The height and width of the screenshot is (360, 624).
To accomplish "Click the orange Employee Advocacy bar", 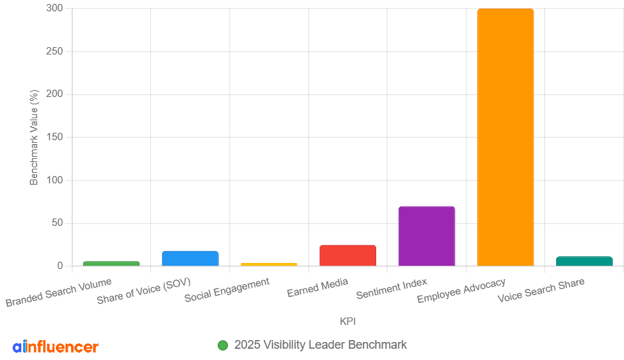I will (505, 137).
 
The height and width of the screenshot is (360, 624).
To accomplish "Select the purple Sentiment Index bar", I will (427, 236).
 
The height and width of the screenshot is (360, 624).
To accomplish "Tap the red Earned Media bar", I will (348, 256).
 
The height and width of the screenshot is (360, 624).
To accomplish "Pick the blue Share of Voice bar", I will (190, 258).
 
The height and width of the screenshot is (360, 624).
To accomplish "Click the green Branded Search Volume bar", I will (111, 264).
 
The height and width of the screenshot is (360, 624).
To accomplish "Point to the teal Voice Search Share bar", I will (584, 261).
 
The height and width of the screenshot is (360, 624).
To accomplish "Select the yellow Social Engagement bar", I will (269, 264).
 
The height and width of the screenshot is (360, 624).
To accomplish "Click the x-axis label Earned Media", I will (318, 288).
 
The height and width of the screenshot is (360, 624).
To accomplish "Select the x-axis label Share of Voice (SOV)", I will (144, 291).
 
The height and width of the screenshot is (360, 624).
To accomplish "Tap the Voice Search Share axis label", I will (541, 290).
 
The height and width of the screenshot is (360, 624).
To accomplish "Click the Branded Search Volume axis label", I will (58, 292).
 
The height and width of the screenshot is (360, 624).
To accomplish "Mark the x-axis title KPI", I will (348, 321).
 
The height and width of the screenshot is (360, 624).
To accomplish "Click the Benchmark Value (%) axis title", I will (35, 137).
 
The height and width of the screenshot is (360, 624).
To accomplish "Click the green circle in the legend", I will (223, 345).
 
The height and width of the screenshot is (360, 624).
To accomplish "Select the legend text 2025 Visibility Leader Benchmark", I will (320, 345).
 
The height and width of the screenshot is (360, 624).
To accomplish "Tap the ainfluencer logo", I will (55, 346).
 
